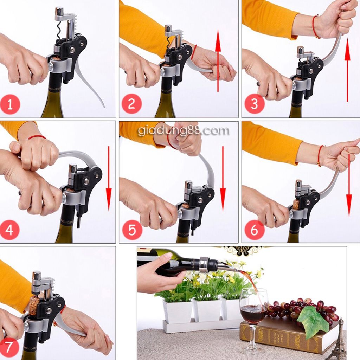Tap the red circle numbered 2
(131, 104)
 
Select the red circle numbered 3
(254, 104)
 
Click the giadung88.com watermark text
(183, 131)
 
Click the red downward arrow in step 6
(349, 185)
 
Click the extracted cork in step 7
(34, 306)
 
